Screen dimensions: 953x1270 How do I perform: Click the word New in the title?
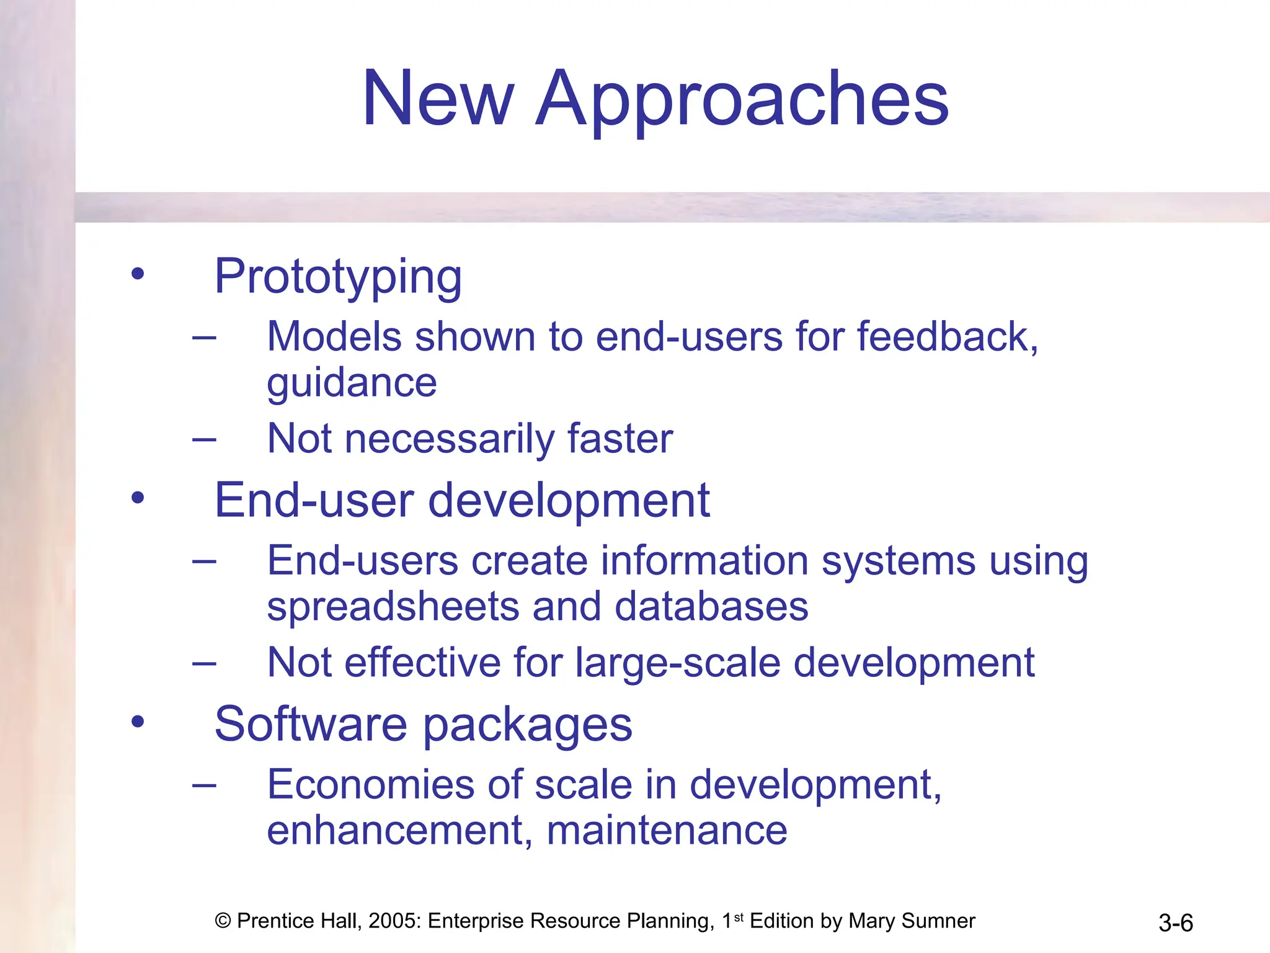tap(438, 99)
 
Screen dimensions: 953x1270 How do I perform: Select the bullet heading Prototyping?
tap(338, 277)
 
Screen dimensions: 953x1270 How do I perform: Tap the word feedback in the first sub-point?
tap(947, 337)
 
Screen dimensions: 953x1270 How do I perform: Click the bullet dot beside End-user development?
tap(138, 498)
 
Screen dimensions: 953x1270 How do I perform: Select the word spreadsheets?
tap(393, 607)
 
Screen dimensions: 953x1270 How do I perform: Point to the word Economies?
tap(370, 785)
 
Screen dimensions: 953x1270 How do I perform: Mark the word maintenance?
tap(667, 831)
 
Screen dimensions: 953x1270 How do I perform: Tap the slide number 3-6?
tap(1175, 923)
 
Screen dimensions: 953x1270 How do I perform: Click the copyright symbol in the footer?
tap(223, 921)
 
